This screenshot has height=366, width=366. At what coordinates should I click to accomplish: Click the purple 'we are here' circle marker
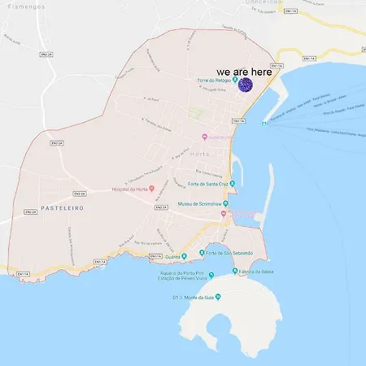[243, 83]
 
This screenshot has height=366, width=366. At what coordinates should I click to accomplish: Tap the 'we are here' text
[244, 72]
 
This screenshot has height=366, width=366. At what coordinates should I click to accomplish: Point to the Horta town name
[199, 153]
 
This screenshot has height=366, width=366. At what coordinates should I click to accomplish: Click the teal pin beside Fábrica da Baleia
[237, 272]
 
